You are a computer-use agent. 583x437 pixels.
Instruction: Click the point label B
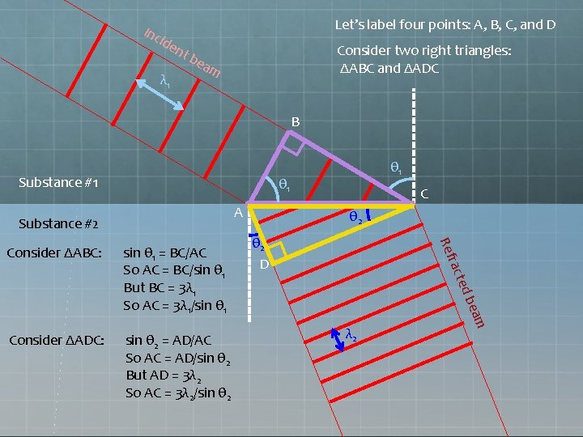click(296, 122)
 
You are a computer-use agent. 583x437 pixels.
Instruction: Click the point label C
click(424, 193)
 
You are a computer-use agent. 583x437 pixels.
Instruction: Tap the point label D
click(264, 264)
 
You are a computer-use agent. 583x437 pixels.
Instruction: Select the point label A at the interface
click(238, 213)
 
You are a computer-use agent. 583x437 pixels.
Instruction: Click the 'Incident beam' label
click(182, 53)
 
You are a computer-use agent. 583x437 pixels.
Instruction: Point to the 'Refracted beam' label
click(462, 282)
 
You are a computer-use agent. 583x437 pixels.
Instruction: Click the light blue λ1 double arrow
click(160, 95)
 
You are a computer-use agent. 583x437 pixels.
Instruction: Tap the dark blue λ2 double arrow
click(338, 340)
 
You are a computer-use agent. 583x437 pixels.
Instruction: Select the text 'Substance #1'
click(58, 182)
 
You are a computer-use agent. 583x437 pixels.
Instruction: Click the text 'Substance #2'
click(58, 223)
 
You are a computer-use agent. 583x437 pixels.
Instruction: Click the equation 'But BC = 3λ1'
click(160, 288)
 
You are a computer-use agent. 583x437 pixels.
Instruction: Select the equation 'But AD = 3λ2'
click(164, 375)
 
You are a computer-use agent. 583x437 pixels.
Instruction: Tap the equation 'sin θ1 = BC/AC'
click(164, 253)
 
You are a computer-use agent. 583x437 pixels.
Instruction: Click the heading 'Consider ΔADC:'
click(57, 341)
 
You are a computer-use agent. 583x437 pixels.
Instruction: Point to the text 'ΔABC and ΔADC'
click(389, 69)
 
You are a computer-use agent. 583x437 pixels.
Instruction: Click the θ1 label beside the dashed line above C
click(396, 168)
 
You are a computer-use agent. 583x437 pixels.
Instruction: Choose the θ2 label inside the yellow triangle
click(355, 217)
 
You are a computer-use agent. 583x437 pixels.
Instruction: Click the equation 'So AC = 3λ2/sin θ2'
click(178, 393)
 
